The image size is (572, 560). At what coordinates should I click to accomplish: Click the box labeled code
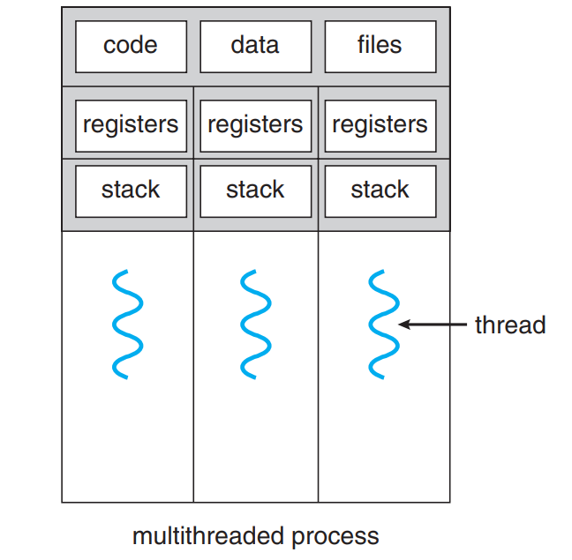(131, 47)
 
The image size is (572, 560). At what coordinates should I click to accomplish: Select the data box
(256, 47)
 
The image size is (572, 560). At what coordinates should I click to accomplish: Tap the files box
(380, 47)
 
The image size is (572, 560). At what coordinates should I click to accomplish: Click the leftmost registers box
(131, 126)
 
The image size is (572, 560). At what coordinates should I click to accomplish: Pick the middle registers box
(256, 126)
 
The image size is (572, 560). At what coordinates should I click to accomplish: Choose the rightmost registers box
(380, 126)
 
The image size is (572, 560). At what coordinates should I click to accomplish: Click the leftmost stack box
(131, 191)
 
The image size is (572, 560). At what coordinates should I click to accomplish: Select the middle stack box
(256, 191)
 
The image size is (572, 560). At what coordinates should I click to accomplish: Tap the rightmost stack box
(380, 191)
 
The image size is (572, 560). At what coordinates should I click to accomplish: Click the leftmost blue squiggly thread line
(127, 325)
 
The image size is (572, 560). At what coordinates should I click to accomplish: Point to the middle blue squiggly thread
(255, 325)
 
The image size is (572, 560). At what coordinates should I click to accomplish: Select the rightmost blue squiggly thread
(384, 325)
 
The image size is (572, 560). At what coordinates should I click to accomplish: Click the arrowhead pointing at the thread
(404, 325)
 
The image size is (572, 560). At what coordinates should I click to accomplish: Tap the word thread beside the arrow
(510, 325)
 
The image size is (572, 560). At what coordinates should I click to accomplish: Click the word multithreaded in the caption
(208, 536)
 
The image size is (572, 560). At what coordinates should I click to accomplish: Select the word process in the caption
(335, 538)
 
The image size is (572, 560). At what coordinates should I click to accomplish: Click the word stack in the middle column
(255, 190)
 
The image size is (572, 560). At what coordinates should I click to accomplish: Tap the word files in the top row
(380, 44)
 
